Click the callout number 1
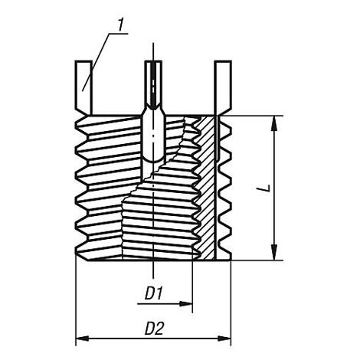click(x=120, y=25)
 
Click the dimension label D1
click(x=154, y=293)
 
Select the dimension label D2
click(x=154, y=329)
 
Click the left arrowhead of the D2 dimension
click(x=82, y=339)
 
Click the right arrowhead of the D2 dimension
click(x=224, y=339)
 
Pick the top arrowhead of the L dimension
click(x=273, y=123)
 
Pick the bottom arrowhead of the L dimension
click(x=273, y=252)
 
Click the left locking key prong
click(x=83, y=87)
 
